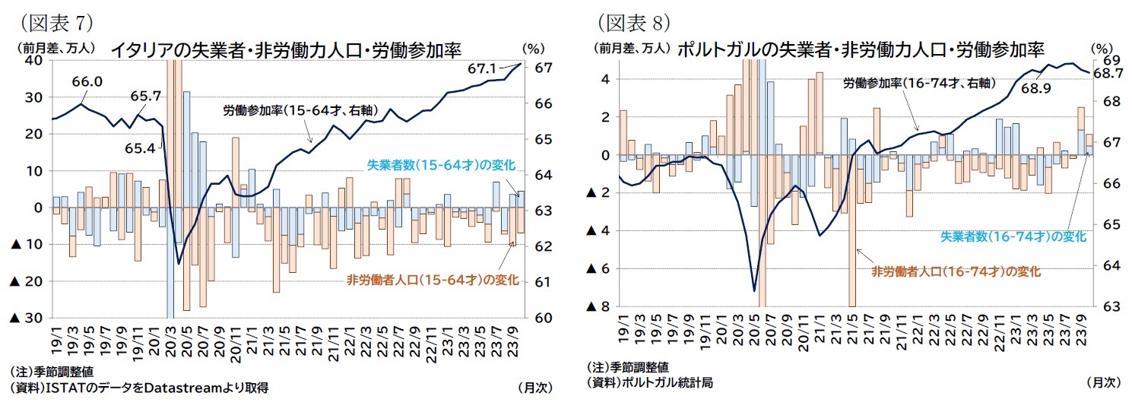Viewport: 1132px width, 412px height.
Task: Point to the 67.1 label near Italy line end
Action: pos(482,69)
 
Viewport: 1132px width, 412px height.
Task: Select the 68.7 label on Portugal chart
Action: pos(1108,74)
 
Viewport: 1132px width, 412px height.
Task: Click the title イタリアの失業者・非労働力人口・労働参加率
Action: pos(287,50)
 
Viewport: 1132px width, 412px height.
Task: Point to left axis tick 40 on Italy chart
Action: pos(34,62)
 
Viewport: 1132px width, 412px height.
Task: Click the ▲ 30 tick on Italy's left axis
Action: pos(27,318)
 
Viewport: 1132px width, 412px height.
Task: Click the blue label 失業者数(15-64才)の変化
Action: pos(441,165)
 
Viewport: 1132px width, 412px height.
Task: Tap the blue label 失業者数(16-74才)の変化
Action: pos(1014,236)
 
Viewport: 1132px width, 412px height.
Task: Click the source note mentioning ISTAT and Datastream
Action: pos(140,388)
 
